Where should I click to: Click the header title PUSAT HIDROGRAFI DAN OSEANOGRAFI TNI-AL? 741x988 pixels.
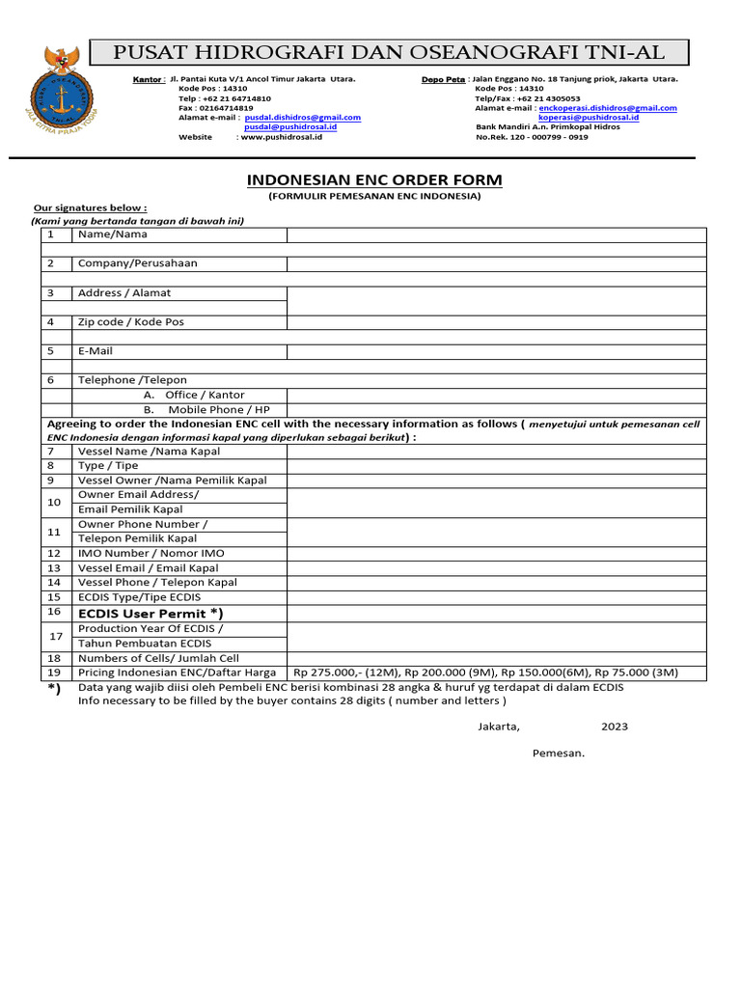389,52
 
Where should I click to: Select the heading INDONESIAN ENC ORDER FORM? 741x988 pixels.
374,180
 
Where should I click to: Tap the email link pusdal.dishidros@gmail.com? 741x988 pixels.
303,117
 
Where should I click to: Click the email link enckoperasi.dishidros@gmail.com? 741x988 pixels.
608,108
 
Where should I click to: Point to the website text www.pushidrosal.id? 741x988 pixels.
281,137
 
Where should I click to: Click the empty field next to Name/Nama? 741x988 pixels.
497,234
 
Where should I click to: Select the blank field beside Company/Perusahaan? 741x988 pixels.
497,263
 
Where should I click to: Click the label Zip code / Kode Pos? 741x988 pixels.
131,322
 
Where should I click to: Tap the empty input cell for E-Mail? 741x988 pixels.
497,351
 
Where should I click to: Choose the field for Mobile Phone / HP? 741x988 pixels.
497,410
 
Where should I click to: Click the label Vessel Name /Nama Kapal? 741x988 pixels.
149,451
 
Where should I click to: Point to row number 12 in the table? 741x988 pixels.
54,554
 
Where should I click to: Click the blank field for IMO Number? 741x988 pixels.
497,554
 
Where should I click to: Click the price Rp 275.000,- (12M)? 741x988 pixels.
345,672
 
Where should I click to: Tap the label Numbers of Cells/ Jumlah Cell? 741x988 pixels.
158,658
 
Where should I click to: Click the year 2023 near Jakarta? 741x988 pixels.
615,727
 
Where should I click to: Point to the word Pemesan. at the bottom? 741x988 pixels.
559,753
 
